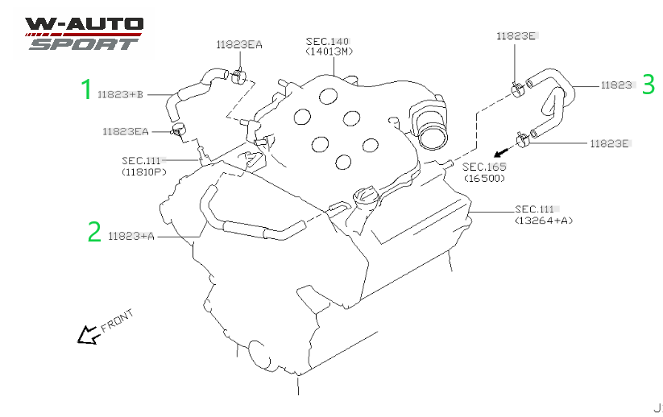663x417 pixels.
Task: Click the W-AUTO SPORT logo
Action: pos(84,33)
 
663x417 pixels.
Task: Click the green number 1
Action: pos(87,89)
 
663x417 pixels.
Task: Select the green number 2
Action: pos(95,232)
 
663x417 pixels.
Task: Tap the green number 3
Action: pos(648,84)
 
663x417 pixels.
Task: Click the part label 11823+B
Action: pos(121,94)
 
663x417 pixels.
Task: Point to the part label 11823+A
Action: pos(131,236)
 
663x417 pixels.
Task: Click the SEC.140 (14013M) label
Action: pos(329,46)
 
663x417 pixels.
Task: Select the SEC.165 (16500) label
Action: pos(484,172)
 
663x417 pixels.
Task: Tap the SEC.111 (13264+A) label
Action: pos(543,215)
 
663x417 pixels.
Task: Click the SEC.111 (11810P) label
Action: pos(143,166)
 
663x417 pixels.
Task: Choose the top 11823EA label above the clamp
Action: pos(239,44)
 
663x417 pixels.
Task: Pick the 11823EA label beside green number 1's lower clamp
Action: pos(126,131)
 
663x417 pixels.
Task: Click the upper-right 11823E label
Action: pos(516,36)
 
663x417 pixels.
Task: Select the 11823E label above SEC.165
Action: pos(609,143)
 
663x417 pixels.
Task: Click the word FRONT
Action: pos(117,320)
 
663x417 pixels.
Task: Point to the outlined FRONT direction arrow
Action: pos(89,335)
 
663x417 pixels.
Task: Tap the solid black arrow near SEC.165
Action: pos(503,151)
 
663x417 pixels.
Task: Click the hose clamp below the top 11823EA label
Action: pos(239,76)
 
